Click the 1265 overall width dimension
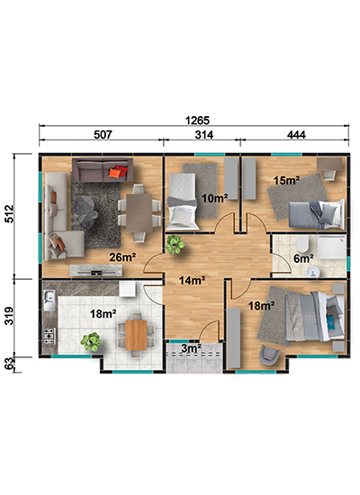(x=197, y=121)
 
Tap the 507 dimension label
(x=103, y=135)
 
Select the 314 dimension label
(x=204, y=135)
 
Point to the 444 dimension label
(x=296, y=135)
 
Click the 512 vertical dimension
(x=10, y=213)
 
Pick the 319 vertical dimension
(x=10, y=315)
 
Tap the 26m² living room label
(x=122, y=257)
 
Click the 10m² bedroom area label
(x=215, y=198)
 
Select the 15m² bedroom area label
(x=287, y=180)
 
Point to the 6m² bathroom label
(x=303, y=258)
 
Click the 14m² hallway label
(x=193, y=280)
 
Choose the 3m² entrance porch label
(x=192, y=348)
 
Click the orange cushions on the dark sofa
(x=118, y=172)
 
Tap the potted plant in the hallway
(x=175, y=244)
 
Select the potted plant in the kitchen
(x=91, y=342)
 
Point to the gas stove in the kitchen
(x=49, y=337)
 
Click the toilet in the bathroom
(x=302, y=244)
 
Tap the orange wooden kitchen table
(x=136, y=336)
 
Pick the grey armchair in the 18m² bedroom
(x=269, y=355)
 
